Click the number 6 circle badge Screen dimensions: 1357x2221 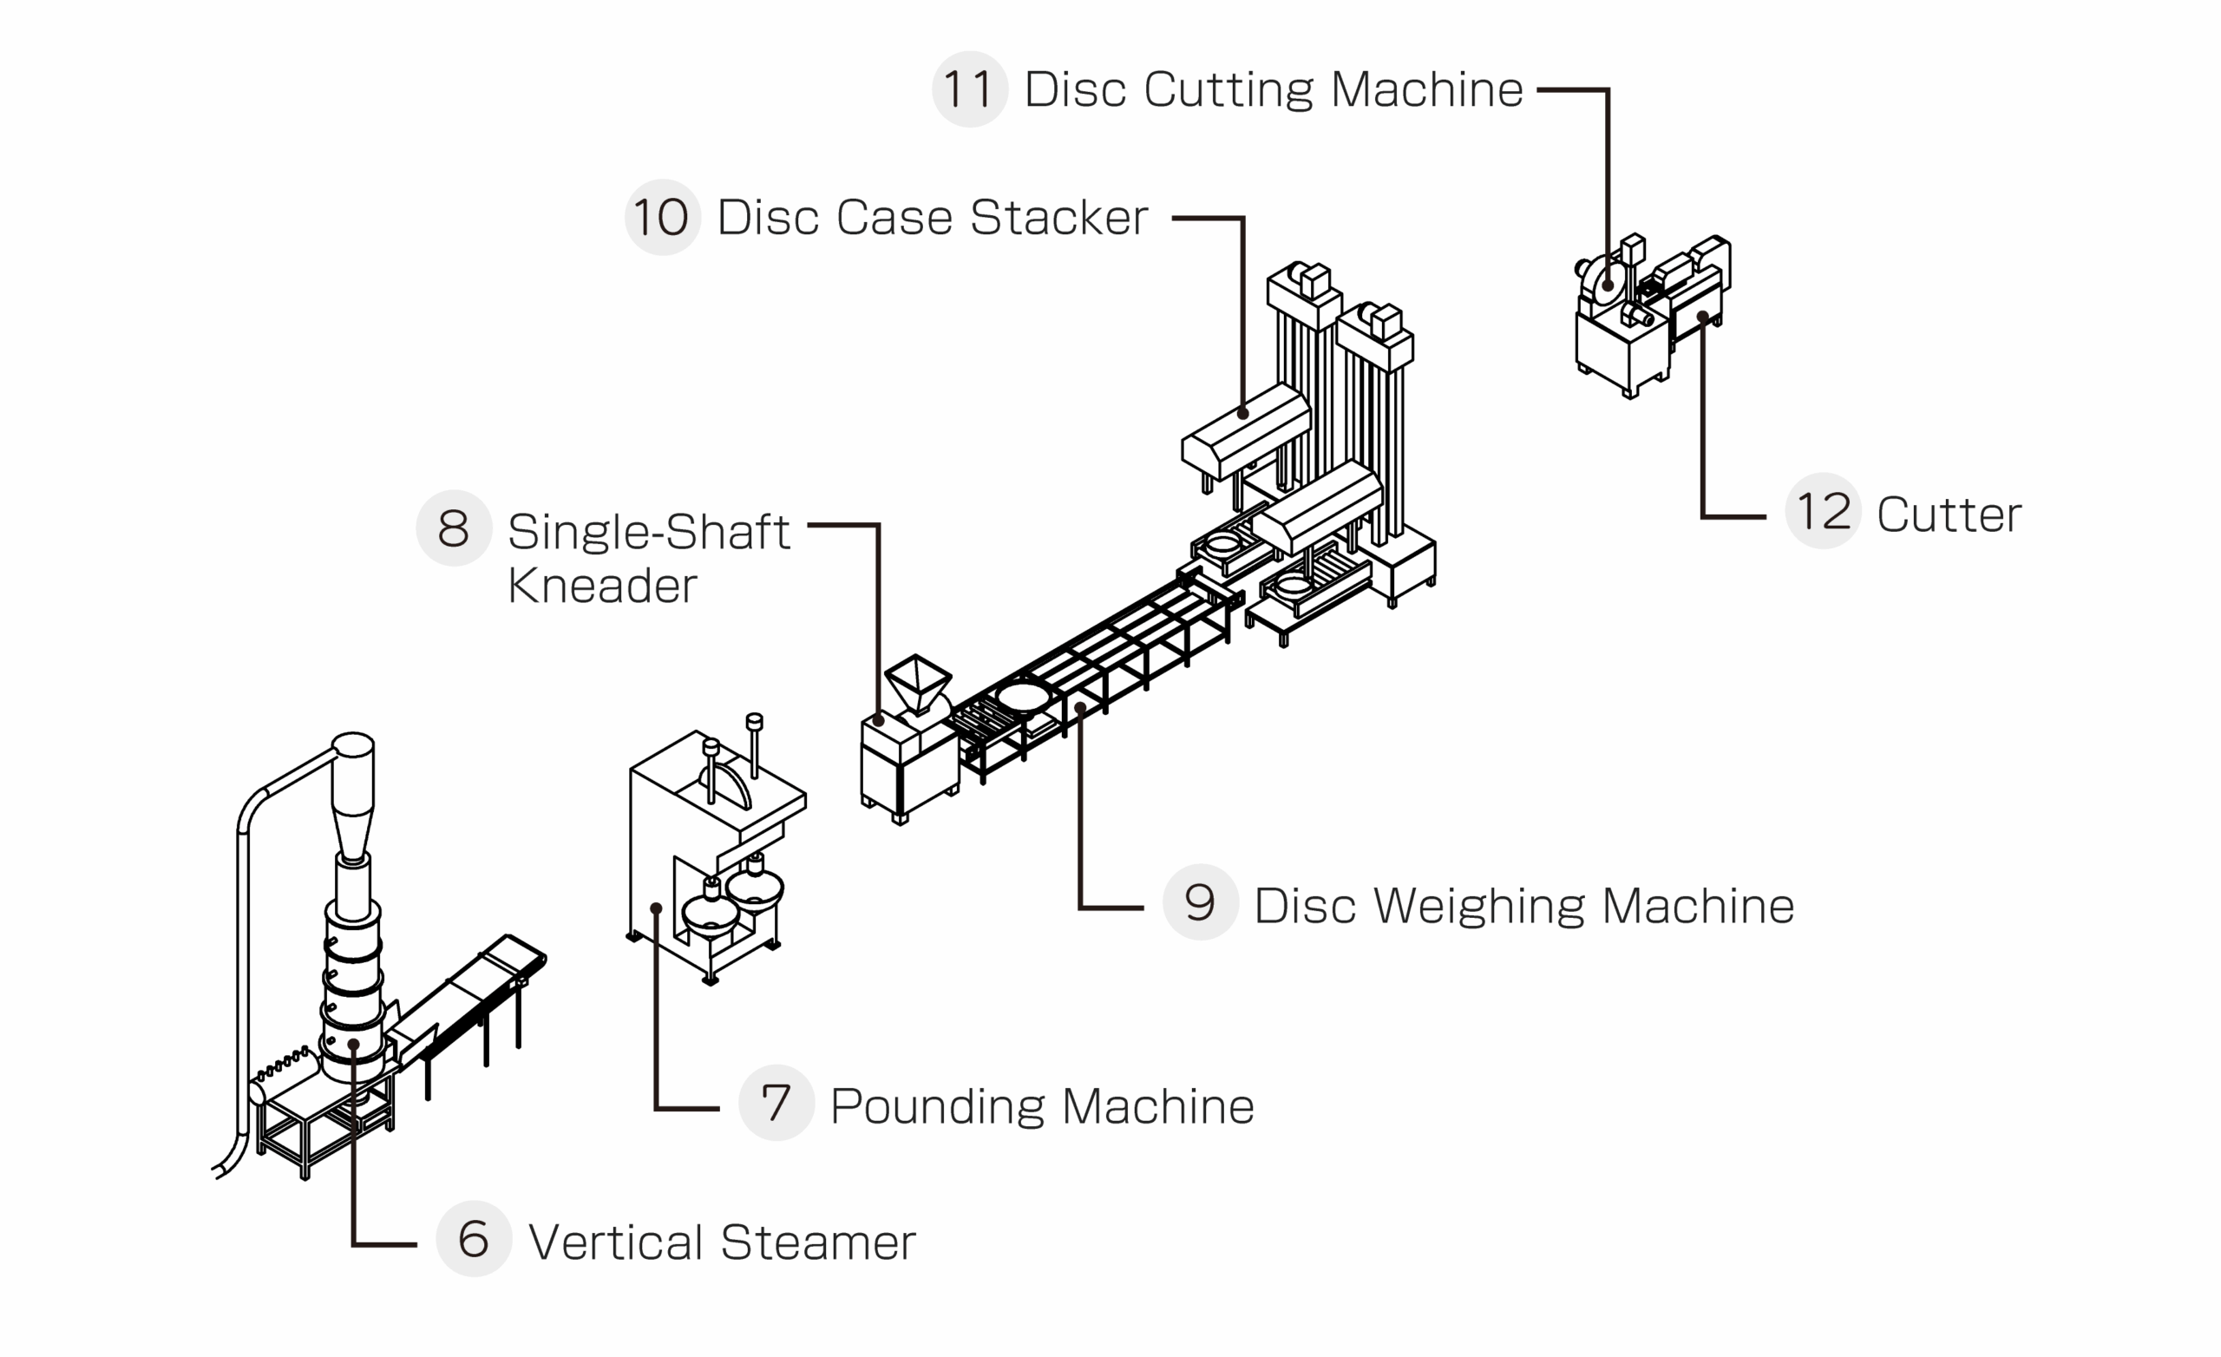coord(473,1239)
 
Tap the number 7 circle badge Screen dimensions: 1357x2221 coord(776,1103)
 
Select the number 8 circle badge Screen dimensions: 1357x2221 coord(454,528)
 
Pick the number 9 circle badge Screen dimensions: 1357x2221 coord(1200,902)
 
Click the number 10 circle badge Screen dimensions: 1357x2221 coord(663,217)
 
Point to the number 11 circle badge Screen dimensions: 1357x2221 coord(969,89)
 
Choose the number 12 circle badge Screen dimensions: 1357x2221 coord(1823,511)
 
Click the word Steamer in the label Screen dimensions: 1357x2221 coord(817,1242)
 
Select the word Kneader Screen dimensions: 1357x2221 coord(602,586)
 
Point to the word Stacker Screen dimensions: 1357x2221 coord(1059,218)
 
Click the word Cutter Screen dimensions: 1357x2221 coord(1949,515)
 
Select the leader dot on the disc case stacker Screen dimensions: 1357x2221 coord(1243,414)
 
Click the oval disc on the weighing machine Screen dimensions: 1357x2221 coord(1023,697)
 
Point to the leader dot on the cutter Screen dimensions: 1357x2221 coord(1703,317)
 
